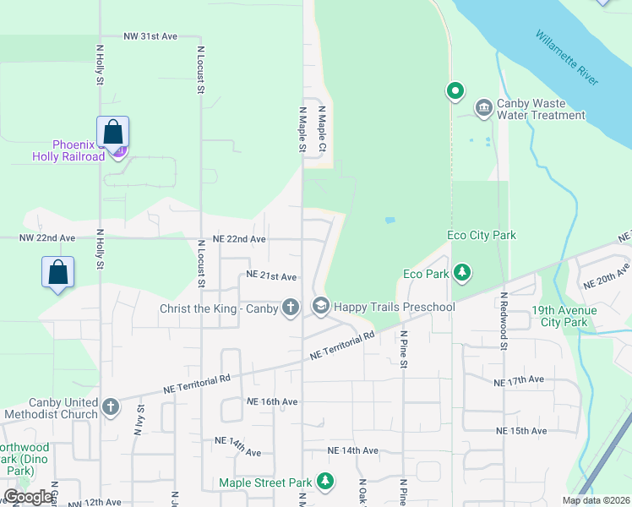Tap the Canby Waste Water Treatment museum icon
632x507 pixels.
(484, 106)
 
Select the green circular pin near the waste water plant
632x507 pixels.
(455, 90)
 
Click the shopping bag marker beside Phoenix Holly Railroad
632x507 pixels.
(112, 132)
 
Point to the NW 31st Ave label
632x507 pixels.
(150, 37)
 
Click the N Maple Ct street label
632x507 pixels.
(322, 128)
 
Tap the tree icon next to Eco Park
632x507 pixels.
(461, 273)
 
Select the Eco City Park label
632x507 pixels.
(482, 235)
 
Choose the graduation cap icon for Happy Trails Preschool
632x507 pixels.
(320, 306)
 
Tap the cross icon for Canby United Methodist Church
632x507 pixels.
(110, 407)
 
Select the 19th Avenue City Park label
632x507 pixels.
(564, 316)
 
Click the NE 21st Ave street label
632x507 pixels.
(271, 276)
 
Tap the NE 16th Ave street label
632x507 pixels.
(272, 401)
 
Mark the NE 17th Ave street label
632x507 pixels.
(519, 380)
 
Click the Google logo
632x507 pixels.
(28, 497)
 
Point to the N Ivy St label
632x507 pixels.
(138, 420)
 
